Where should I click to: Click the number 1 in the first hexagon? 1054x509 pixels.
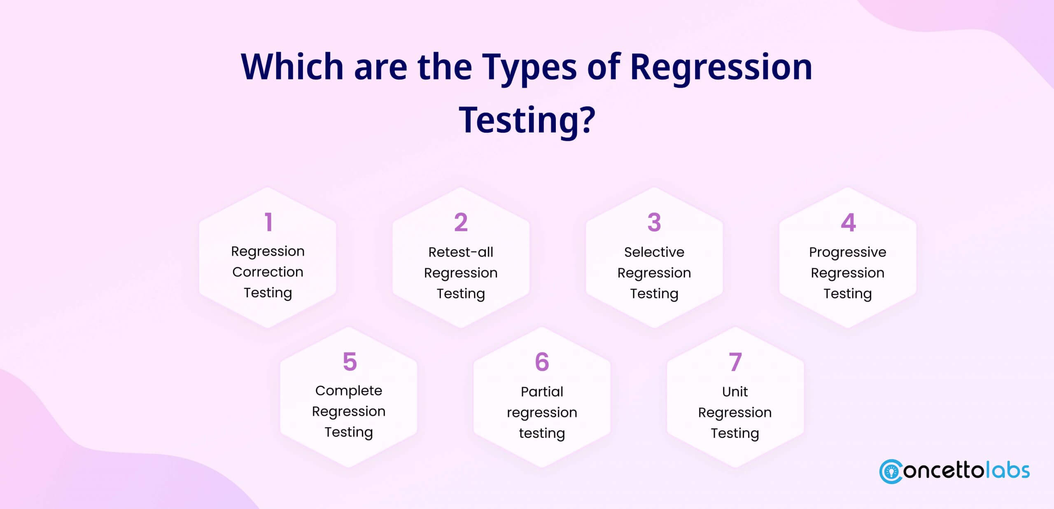coord(268,222)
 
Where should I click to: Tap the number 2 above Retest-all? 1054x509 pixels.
coord(461,222)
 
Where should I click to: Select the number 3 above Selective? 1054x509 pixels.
coord(654,222)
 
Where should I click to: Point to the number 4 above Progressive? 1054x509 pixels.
coord(848,222)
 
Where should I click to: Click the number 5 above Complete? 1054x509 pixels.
coord(350,362)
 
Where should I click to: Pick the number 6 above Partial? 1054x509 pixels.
coord(542,362)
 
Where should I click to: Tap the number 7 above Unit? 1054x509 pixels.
coord(735,362)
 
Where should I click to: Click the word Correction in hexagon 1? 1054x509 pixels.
coord(268,272)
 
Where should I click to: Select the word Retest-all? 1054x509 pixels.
coord(461,252)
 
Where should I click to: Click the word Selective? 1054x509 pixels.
coord(654,252)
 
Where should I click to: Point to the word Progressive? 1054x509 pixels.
coord(848,252)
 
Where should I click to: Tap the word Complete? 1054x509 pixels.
coord(349,391)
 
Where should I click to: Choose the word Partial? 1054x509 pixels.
coord(542,391)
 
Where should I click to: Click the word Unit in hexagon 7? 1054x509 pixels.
coord(735,391)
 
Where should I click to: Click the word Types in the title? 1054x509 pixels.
coord(529,68)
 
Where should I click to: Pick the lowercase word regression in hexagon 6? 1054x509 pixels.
coord(542,413)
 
